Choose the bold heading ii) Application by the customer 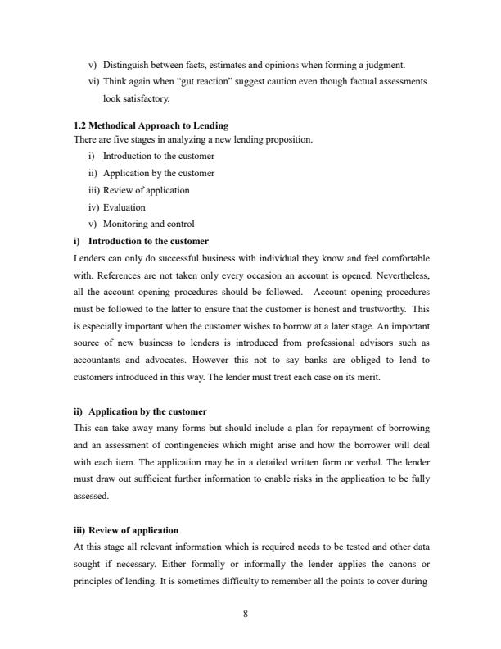tap(140, 411)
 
